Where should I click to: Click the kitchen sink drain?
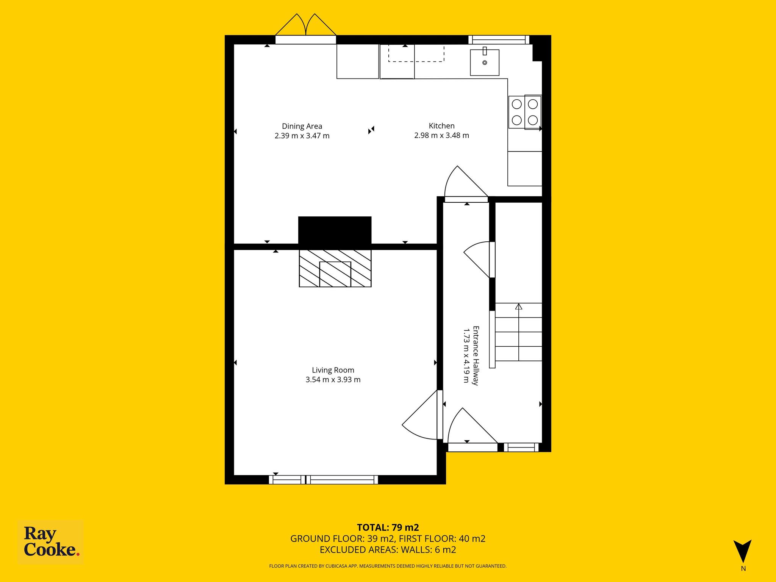(485, 63)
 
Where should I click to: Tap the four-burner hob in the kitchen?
(525, 112)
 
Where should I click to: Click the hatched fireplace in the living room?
(335, 268)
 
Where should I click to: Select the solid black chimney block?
(335, 230)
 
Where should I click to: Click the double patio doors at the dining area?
(305, 35)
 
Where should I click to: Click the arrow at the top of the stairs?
(519, 306)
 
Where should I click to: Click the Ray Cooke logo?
(51, 543)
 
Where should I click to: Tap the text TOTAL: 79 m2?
(388, 527)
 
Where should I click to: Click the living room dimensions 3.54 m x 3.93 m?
(333, 380)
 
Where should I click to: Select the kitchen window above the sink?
(499, 40)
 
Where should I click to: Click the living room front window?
(324, 480)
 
